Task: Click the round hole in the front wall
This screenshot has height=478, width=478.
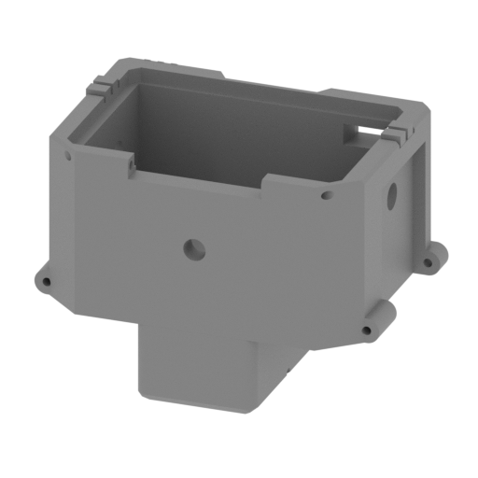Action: [193, 248]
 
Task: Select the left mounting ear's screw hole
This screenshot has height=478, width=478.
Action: [43, 279]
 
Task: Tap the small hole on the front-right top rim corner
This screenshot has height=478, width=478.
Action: [326, 197]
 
